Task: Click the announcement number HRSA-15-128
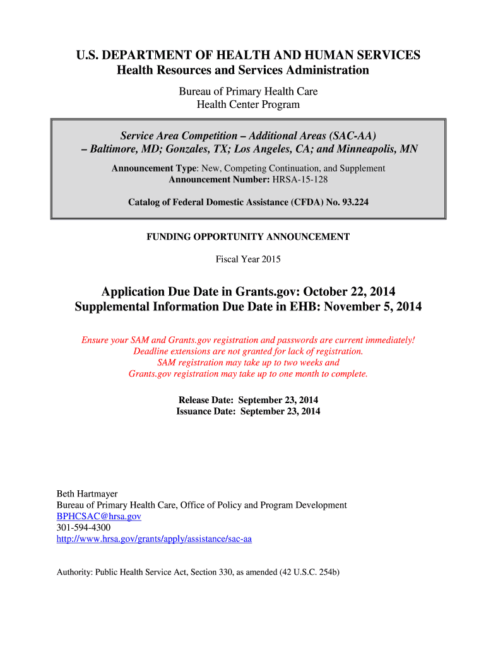point(300,179)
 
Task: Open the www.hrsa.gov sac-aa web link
point(154,539)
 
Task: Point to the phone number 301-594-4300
point(83,527)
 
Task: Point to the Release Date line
point(248,400)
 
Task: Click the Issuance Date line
point(248,411)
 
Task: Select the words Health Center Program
point(248,105)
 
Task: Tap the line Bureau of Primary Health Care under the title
point(248,91)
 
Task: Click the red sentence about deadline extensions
point(248,351)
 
